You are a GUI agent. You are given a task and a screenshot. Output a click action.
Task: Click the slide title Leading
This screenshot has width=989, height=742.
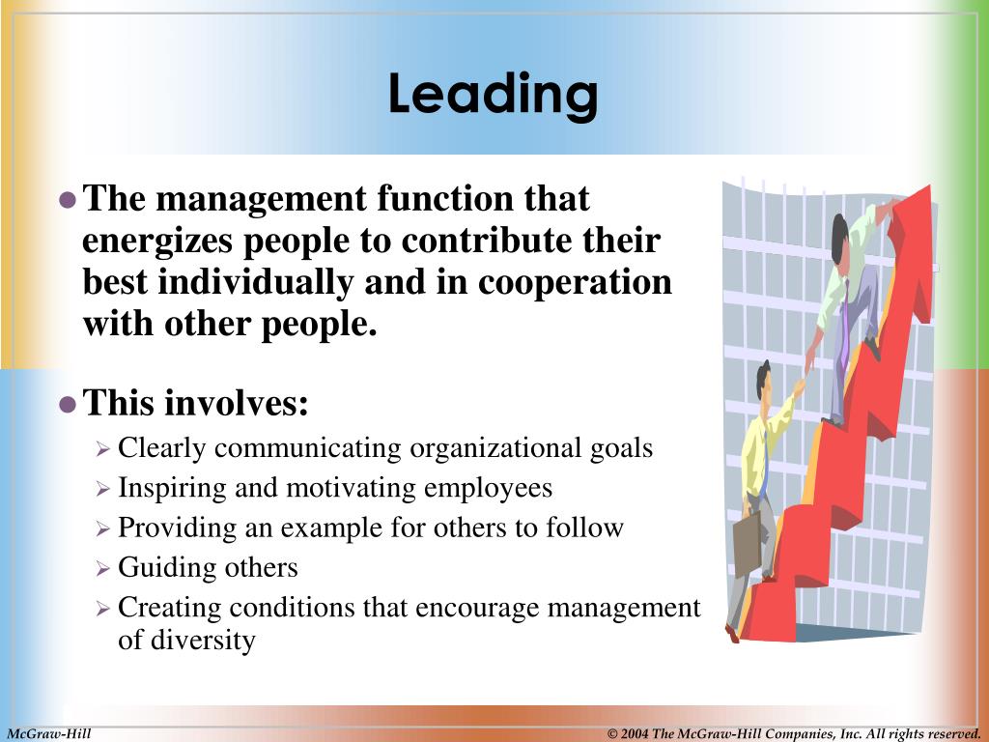click(x=494, y=95)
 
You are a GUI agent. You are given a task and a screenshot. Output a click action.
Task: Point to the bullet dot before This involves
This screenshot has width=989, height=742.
click(x=67, y=404)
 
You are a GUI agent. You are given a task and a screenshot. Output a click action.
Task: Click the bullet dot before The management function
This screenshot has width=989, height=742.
click(x=67, y=200)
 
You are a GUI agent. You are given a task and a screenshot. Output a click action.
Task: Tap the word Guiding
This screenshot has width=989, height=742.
click(x=155, y=567)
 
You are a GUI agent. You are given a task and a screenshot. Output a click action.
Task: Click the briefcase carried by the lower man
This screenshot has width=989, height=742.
click(x=748, y=544)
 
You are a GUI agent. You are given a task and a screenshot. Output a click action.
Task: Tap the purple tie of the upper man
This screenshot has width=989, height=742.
click(x=845, y=319)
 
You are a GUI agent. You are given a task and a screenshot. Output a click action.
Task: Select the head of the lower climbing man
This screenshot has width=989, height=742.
click(x=765, y=378)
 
